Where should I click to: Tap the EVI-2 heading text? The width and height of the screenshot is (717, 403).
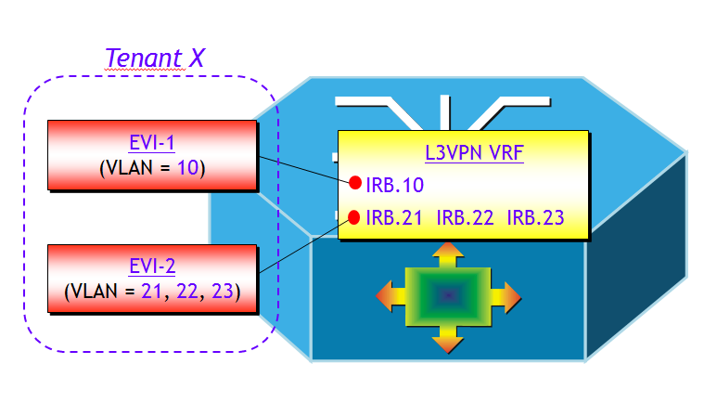tap(151, 267)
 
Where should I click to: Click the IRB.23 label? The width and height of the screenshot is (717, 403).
tap(536, 218)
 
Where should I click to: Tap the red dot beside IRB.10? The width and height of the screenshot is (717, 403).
tap(355, 183)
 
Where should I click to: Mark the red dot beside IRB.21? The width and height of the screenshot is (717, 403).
tap(354, 217)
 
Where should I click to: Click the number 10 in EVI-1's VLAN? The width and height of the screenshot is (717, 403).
tap(186, 168)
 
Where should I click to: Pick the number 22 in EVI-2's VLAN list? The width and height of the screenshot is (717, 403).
tap(186, 292)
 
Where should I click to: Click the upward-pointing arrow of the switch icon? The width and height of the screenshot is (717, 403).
tap(448, 253)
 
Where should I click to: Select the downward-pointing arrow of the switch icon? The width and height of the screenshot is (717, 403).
tap(448, 341)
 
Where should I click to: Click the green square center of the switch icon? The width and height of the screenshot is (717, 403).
tap(448, 296)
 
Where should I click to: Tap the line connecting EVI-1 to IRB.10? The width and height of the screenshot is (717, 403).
tap(302, 169)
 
